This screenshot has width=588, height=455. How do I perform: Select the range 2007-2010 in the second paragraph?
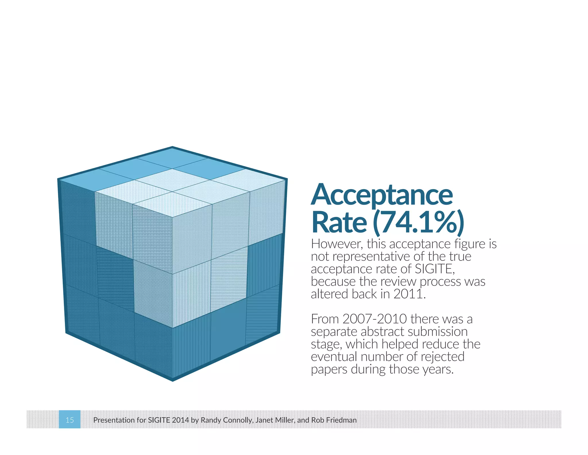374,319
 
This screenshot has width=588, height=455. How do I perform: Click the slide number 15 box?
69,420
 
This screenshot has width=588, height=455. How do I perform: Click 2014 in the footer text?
180,420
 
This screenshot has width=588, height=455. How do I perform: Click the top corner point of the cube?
172,147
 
